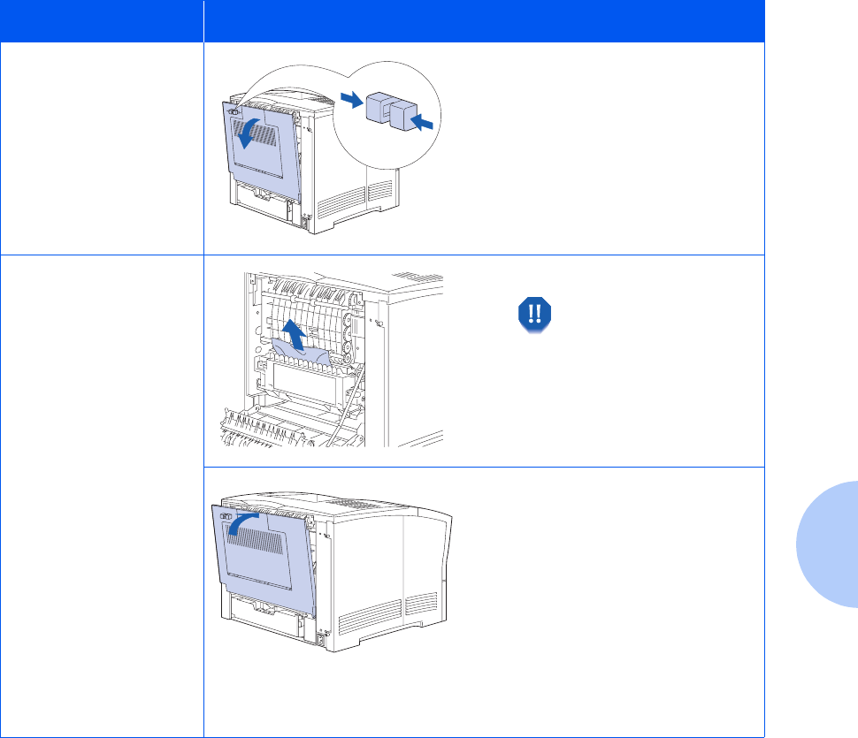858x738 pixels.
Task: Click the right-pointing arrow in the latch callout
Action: pos(352,102)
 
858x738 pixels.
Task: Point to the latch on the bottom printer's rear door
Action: pos(224,516)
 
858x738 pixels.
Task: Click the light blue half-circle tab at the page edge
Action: pos(827,543)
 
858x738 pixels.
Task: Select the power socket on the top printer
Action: pos(306,222)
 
